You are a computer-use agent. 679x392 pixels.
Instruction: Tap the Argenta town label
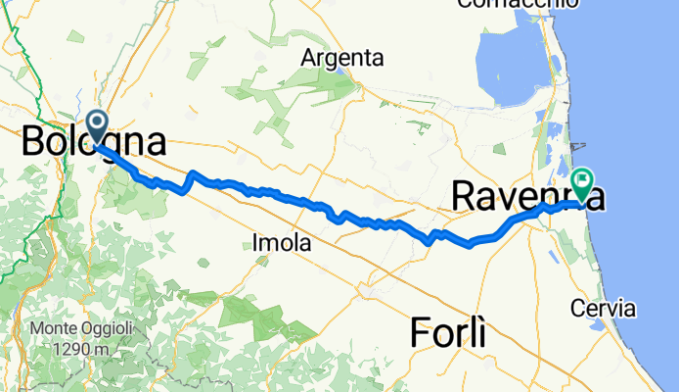(x=342, y=58)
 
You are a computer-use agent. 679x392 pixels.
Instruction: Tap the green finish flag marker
(x=584, y=180)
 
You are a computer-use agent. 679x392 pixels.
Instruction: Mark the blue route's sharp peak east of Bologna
(x=193, y=173)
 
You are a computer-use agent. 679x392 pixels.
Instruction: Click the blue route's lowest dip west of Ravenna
(x=429, y=241)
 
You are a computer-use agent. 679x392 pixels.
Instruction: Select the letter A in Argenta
(x=310, y=58)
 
